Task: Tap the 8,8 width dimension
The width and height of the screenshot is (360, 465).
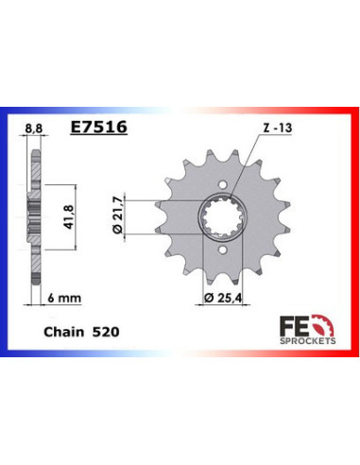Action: (x=32, y=125)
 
